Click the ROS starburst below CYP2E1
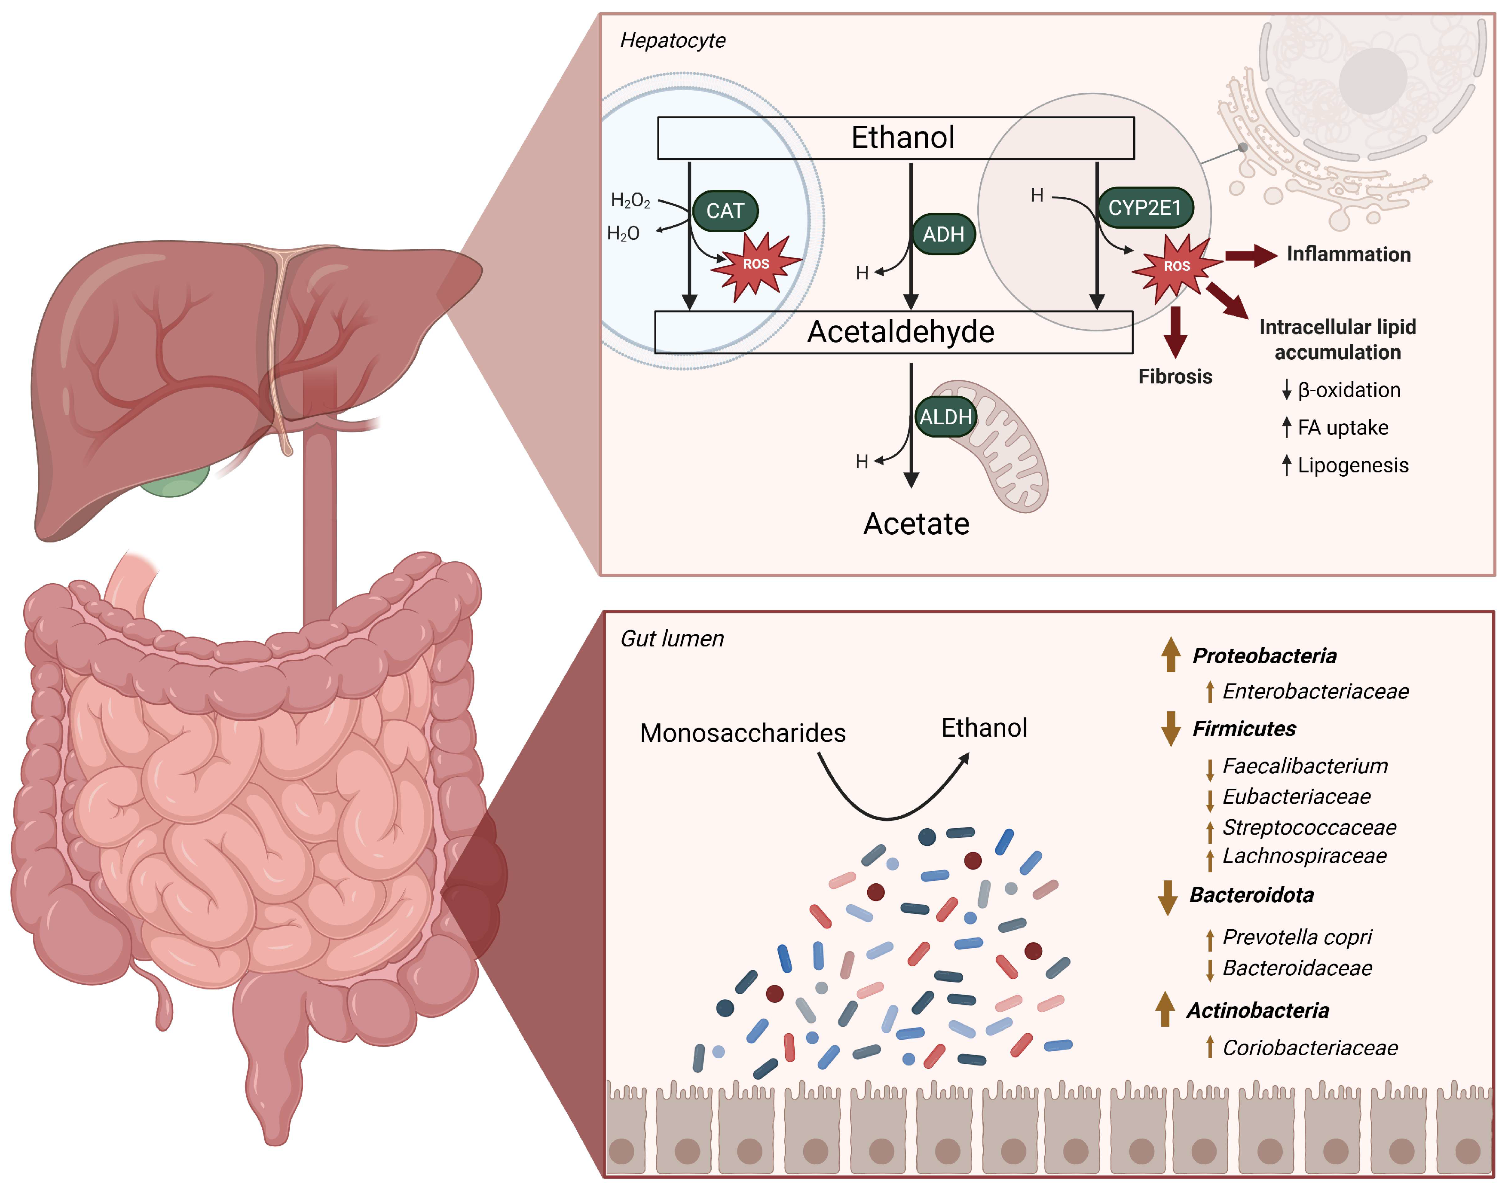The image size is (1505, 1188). (1176, 267)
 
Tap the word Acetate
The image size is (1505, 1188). (916, 524)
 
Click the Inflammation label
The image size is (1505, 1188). (1349, 254)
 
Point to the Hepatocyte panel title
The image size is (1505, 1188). (673, 40)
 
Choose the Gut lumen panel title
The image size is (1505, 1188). (672, 639)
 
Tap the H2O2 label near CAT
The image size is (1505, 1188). (630, 201)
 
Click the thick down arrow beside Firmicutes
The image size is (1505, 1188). (1171, 728)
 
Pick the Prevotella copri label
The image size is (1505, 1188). (1297, 937)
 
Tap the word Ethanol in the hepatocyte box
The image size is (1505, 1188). (903, 137)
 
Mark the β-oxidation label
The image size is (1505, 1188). (1349, 390)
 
